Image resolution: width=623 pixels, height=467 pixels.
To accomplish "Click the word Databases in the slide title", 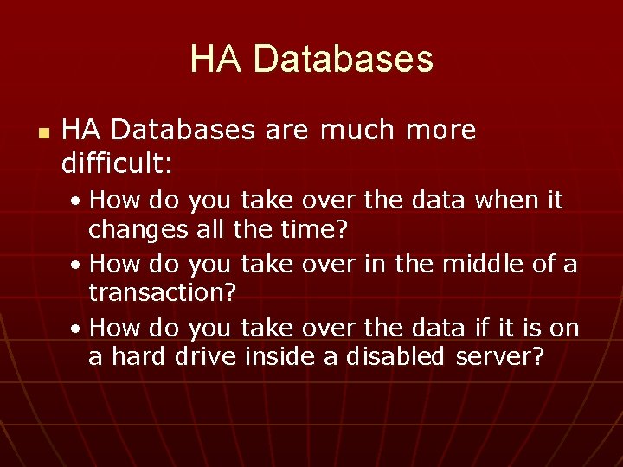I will click(x=344, y=59).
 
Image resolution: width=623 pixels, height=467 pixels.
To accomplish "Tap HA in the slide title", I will click(x=218, y=59).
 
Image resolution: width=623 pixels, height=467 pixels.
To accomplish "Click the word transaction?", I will click(x=163, y=292).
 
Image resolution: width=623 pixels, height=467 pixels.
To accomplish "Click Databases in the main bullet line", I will click(x=183, y=130).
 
